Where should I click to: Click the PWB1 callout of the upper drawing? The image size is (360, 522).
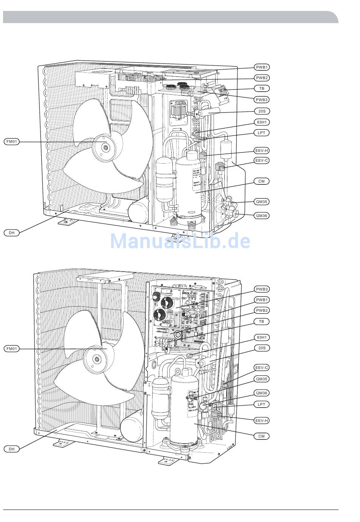point(261,67)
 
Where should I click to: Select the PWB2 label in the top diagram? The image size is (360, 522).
point(261,78)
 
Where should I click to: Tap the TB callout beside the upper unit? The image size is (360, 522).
point(261,88)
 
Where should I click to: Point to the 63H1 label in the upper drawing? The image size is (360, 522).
point(261,122)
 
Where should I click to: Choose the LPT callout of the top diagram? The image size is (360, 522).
point(261,133)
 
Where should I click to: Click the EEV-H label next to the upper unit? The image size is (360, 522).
point(261,150)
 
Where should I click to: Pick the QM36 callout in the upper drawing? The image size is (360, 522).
point(261,216)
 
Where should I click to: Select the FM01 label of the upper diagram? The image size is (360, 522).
point(12,142)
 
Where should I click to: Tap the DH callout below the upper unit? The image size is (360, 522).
point(12,233)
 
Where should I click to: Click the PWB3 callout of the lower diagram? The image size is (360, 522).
point(261,289)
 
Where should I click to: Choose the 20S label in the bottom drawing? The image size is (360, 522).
point(261,348)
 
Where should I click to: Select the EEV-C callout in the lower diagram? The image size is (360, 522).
point(261,367)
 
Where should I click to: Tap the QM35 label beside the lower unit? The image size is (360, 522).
point(261,379)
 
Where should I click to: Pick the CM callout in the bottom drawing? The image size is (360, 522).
point(261,436)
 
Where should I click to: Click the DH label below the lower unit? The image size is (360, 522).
point(12,449)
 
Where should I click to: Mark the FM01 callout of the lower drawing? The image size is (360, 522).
point(12,349)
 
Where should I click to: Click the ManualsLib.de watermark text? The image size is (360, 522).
point(180,241)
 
